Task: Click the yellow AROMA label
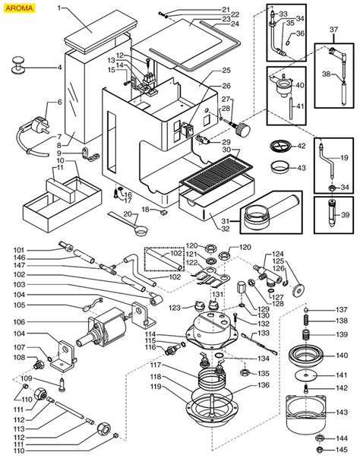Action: (19, 8)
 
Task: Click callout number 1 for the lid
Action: (59, 8)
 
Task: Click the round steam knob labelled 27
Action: (243, 129)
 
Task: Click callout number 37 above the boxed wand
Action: (333, 30)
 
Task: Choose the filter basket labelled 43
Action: (279, 167)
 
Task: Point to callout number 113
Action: (19, 429)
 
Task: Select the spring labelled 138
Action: (306, 321)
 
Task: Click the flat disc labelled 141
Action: (307, 375)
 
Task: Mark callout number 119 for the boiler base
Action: (156, 387)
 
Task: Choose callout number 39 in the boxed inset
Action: (345, 215)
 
